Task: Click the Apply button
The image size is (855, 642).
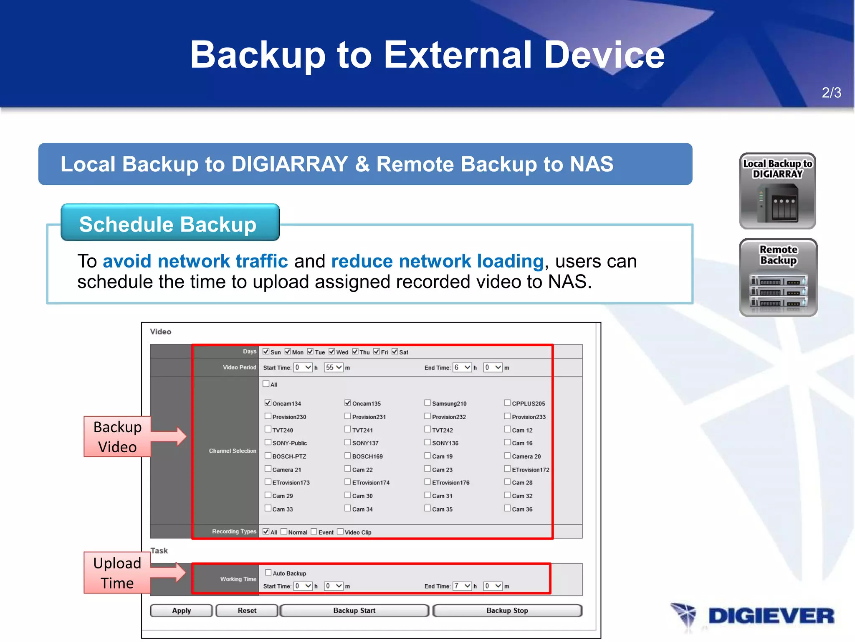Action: (181, 611)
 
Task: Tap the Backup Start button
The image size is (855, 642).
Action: (354, 611)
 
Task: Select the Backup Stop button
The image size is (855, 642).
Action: (507, 611)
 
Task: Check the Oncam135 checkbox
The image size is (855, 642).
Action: (348, 403)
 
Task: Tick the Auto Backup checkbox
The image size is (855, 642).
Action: (268, 573)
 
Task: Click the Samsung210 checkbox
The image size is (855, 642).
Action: (427, 403)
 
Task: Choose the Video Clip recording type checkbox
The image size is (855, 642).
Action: (340, 532)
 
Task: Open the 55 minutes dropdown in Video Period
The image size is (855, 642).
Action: (334, 367)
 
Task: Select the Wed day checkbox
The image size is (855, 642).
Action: (332, 352)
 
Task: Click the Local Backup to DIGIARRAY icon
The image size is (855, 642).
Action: (777, 191)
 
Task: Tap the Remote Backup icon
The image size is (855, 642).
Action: (778, 278)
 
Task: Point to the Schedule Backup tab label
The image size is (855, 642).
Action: (168, 224)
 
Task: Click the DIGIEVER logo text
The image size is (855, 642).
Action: (771, 616)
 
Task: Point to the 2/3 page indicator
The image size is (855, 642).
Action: (831, 92)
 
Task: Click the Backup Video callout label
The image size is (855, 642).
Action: (117, 437)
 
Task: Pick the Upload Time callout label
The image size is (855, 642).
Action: (117, 573)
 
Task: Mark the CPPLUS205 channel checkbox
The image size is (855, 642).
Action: (507, 403)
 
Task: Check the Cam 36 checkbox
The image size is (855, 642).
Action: (507, 508)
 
